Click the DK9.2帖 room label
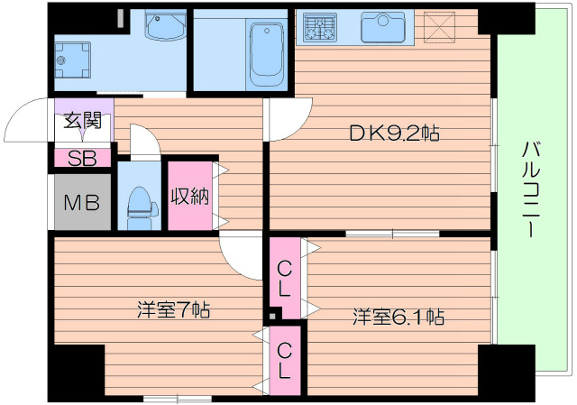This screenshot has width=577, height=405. point(394,134)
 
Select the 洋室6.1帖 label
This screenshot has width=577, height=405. point(397,317)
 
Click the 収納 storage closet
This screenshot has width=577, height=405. point(190,195)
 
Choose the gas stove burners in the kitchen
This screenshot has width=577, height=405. point(319,26)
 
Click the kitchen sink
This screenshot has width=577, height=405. point(383,26)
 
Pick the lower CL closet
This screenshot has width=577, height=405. point(285,359)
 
